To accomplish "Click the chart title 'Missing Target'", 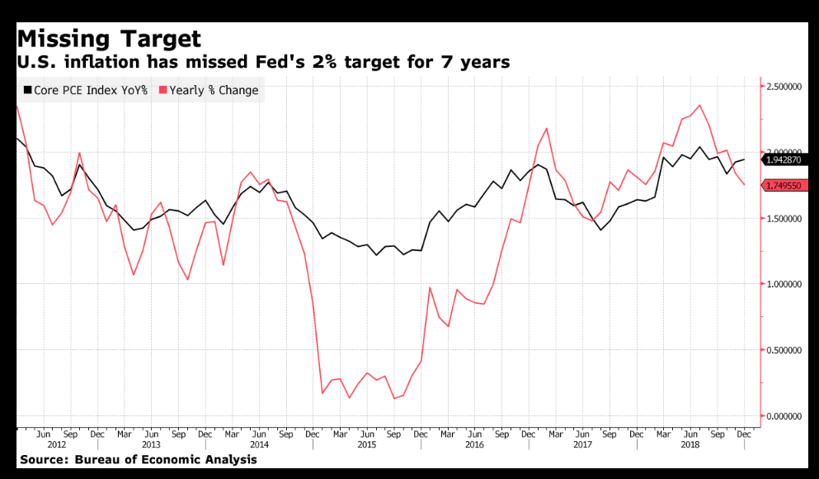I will [x=109, y=38].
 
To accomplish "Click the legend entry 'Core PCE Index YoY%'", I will [x=86, y=90].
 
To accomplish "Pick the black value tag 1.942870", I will [x=788, y=159].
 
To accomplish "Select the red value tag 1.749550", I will [x=788, y=186].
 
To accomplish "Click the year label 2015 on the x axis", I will [x=365, y=444].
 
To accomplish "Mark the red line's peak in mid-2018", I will [x=699, y=106].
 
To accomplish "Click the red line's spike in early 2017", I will [x=547, y=128].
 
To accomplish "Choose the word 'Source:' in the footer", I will [x=44, y=459].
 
